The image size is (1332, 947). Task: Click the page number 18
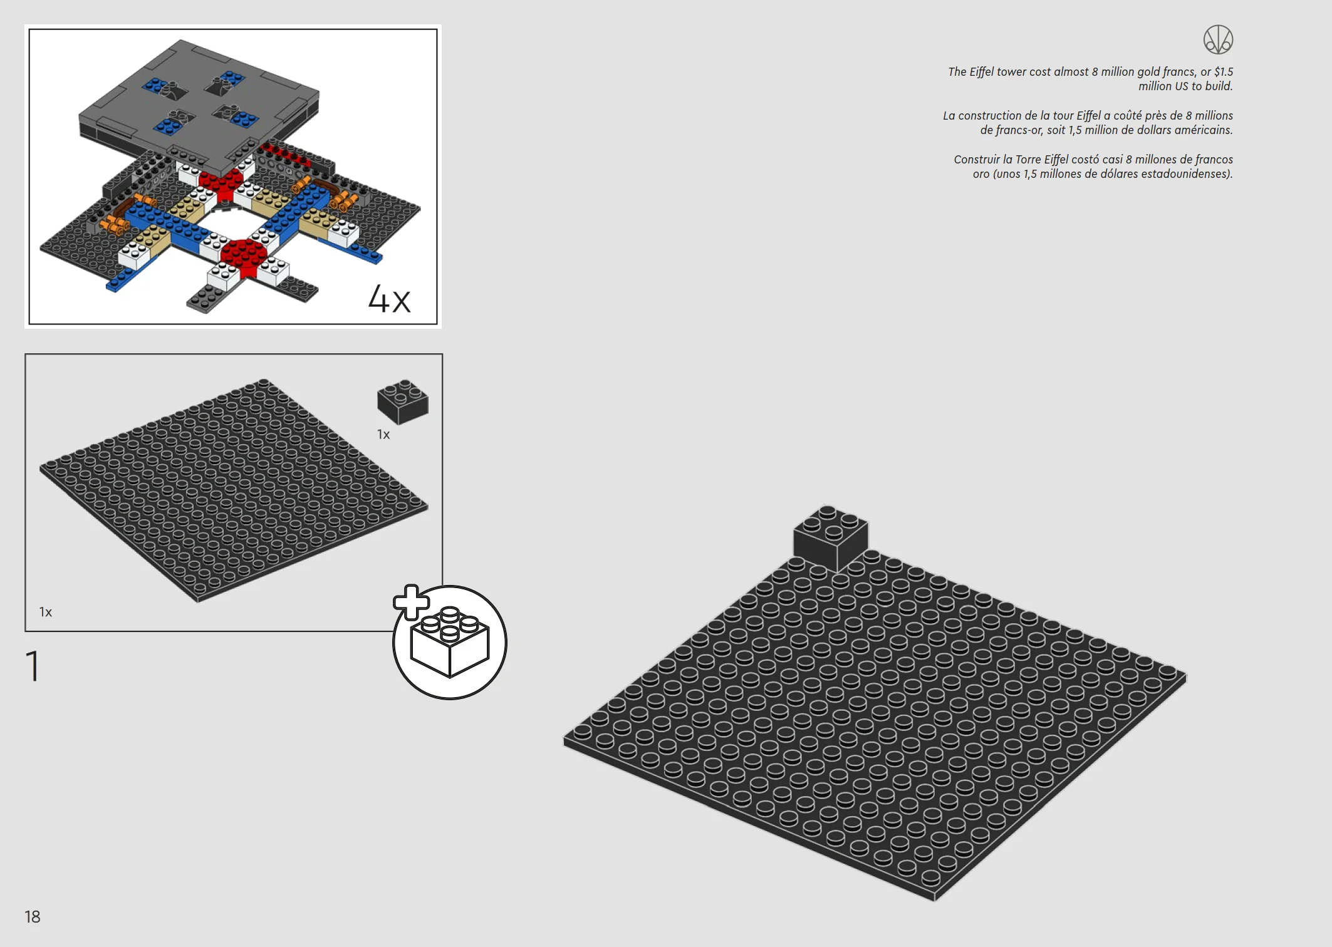(32, 917)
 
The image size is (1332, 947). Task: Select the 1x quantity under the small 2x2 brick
(383, 434)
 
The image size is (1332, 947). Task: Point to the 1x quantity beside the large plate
(46, 612)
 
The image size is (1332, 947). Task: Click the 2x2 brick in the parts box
(403, 401)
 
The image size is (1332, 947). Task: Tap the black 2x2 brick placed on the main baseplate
(831, 538)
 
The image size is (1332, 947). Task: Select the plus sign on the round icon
(411, 603)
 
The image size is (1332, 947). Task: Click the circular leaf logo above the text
(1218, 39)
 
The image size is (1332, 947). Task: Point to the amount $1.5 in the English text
(1223, 72)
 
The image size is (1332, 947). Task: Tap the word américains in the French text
(1204, 130)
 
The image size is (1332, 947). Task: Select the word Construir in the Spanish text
(977, 160)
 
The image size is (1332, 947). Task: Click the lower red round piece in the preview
(245, 255)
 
